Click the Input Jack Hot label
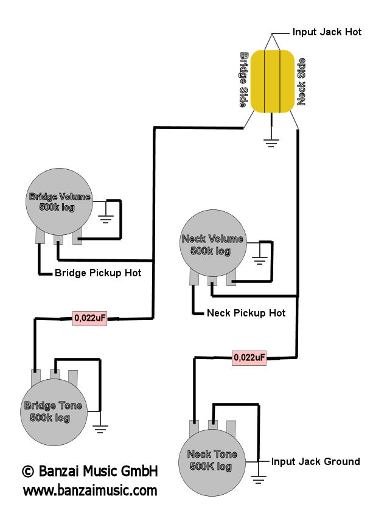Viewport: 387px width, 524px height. click(x=327, y=32)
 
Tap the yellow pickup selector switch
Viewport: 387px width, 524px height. click(x=273, y=81)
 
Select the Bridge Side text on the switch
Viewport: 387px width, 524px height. click(x=244, y=80)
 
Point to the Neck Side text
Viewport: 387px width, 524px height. click(x=301, y=82)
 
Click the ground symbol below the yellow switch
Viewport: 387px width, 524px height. click(x=271, y=143)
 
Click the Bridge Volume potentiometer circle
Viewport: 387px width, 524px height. click(x=60, y=201)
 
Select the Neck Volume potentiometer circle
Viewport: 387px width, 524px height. click(x=213, y=243)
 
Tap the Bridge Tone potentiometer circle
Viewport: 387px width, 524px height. click(x=54, y=411)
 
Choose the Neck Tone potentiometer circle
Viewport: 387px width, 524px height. click(x=212, y=463)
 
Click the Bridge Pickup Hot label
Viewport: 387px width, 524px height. click(x=98, y=273)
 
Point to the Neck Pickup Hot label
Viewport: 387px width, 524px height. click(x=246, y=313)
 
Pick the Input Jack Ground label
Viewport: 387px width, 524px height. click(x=315, y=461)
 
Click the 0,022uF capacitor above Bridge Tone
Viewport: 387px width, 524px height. click(x=90, y=318)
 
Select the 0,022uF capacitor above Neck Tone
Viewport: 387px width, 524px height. click(x=249, y=358)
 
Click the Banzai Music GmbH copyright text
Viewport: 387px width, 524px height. click(x=90, y=471)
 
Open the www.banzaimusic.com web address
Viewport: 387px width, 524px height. click(x=90, y=491)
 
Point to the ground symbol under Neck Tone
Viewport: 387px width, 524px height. click(x=259, y=479)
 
